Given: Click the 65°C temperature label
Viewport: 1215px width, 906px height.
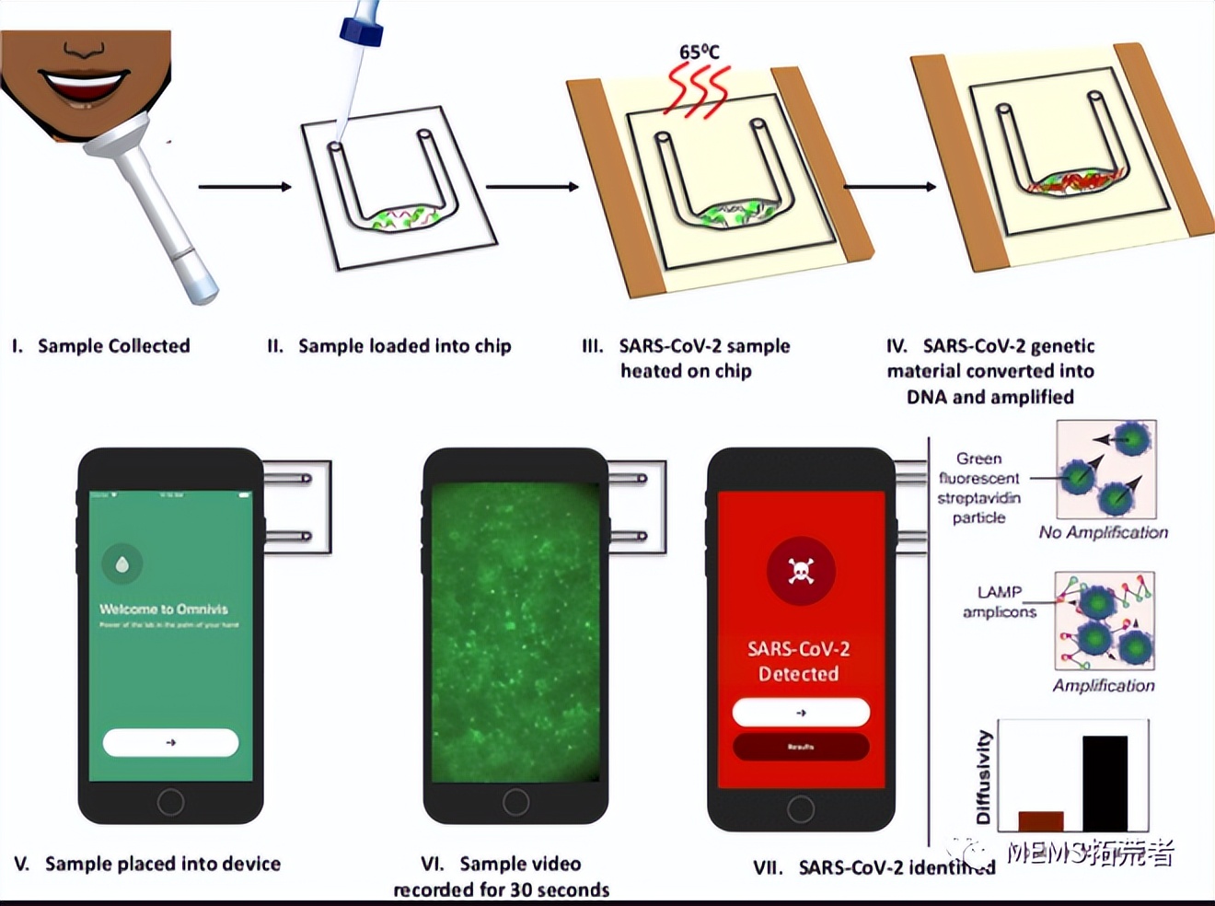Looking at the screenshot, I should pos(699,52).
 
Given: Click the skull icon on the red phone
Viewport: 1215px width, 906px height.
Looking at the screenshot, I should pos(801,572).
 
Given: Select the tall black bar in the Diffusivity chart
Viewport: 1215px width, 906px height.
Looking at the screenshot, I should pos(1105,784).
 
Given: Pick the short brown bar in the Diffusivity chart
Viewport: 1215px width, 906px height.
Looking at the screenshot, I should pos(1041,821).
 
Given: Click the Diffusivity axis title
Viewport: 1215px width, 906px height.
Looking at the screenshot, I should pos(984,777).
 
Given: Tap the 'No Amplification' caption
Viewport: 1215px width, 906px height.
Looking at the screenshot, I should pos(1103,532).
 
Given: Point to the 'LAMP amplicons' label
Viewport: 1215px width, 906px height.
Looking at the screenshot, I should pos(1000,602).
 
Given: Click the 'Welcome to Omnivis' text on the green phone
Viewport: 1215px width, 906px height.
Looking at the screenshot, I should pos(164,609).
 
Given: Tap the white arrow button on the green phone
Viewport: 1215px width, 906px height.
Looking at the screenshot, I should pos(170,742).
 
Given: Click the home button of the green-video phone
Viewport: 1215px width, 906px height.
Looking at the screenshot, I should pos(515,802).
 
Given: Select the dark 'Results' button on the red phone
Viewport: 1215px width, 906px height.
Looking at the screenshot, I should pos(801,747).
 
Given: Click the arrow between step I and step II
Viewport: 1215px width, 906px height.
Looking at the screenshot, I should pos(245,187).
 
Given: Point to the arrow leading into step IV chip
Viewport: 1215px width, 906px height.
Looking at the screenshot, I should pos(889,187).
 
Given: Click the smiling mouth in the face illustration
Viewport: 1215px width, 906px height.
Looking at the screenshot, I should pos(84,87).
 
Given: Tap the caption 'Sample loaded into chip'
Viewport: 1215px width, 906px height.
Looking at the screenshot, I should pos(404,346).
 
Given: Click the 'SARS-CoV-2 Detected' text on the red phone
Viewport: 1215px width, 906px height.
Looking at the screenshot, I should pos(798,661).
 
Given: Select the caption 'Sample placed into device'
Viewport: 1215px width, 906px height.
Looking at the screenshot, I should pos(162,864).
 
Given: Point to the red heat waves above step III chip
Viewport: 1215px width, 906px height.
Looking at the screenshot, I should pos(698,91).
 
